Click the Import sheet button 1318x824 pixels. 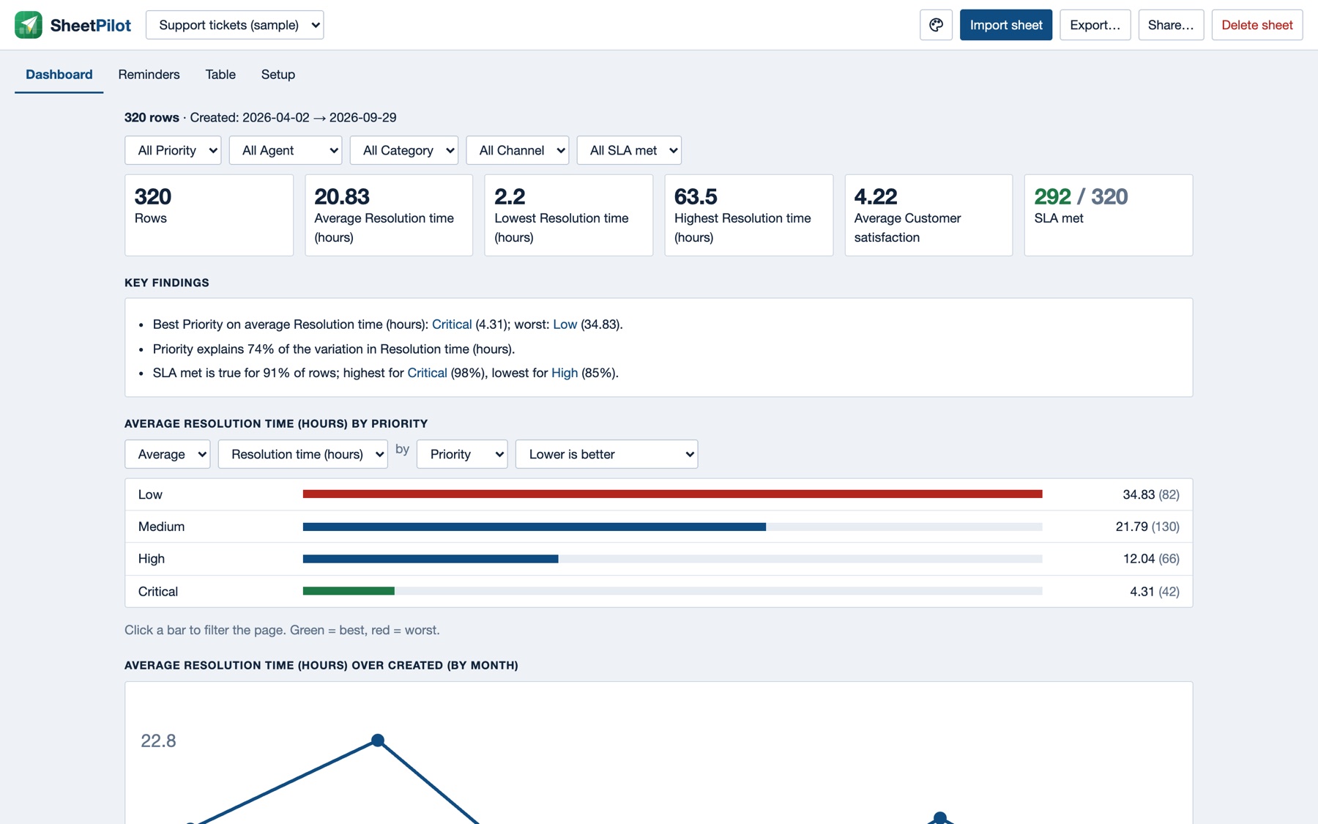pyautogui.click(x=1005, y=25)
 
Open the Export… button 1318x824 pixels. pyautogui.click(x=1095, y=25)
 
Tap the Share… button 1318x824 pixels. pyautogui.click(x=1170, y=25)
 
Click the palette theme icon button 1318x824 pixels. pyautogui.click(x=936, y=25)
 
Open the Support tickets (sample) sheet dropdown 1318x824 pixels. pyautogui.click(x=234, y=25)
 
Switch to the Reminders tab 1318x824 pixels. pyautogui.click(x=149, y=75)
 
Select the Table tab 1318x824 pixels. pyautogui.click(x=220, y=75)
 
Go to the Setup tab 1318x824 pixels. pyautogui.click(x=278, y=75)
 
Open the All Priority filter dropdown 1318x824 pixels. pyautogui.click(x=173, y=150)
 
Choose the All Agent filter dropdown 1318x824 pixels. pyautogui.click(x=285, y=150)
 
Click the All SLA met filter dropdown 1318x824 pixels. pyautogui.click(x=629, y=150)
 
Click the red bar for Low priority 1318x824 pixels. pyautogui.click(x=672, y=494)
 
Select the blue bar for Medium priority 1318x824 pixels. pyautogui.click(x=535, y=527)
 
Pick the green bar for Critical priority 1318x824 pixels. pyautogui.click(x=349, y=591)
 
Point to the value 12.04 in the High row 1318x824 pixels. pyautogui.click(x=1139, y=559)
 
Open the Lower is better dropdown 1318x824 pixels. pyautogui.click(x=606, y=454)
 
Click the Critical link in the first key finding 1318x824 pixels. pyautogui.click(x=452, y=324)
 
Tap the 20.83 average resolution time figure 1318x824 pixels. pyautogui.click(x=342, y=196)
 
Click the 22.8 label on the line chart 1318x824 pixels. pyautogui.click(x=158, y=741)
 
